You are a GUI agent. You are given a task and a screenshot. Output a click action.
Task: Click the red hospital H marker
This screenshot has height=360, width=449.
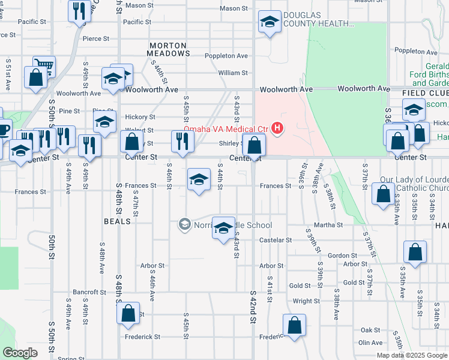tap(277, 127)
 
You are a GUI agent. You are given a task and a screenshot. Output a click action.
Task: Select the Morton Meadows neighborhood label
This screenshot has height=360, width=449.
tap(168, 49)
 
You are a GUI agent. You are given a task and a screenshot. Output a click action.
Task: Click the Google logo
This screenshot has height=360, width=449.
tap(20, 353)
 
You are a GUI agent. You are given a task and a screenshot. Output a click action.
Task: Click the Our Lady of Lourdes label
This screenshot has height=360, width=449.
tap(414, 184)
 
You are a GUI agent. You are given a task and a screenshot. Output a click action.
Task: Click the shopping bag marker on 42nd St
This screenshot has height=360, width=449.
tap(255, 145)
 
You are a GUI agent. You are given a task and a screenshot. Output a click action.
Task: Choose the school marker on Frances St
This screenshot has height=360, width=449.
tap(199, 179)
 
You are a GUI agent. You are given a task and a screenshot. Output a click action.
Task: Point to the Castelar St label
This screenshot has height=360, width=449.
tap(275, 240)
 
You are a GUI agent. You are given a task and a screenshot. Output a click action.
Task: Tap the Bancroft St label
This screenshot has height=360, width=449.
tap(89, 292)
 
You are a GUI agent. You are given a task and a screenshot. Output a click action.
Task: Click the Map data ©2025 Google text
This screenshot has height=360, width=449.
tap(411, 355)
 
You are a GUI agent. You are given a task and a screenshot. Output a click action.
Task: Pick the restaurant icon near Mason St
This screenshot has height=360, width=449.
tap(79, 10)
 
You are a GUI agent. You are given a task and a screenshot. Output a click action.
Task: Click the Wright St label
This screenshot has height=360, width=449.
tap(306, 301)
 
